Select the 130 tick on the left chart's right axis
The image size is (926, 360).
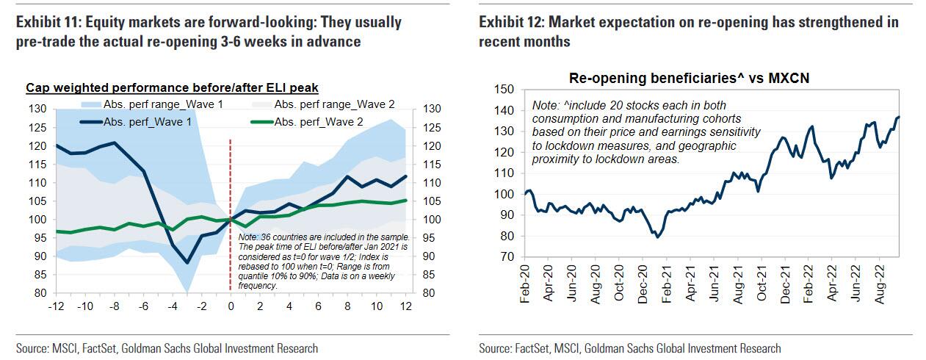[431, 109]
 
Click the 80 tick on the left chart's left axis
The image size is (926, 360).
[40, 293]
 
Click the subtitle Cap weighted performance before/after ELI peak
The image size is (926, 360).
[172, 88]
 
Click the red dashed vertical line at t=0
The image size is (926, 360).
[231, 184]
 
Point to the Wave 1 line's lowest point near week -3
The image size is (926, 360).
[187, 262]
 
